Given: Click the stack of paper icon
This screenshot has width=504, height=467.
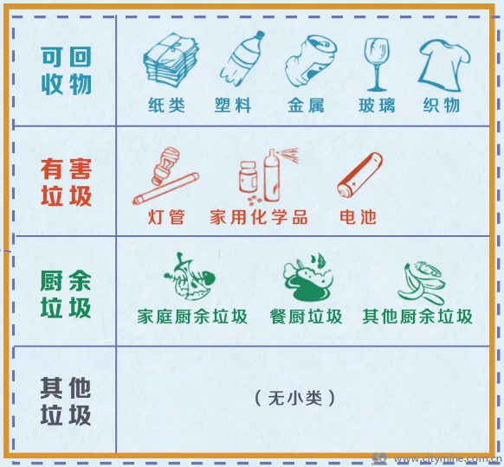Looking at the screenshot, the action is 171,60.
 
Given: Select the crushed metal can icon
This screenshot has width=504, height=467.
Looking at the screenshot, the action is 311,61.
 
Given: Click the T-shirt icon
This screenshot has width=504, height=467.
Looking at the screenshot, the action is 444,65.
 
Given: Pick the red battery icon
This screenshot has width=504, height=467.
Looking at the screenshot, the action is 360,175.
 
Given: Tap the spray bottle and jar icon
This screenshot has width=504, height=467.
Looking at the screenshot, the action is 268,176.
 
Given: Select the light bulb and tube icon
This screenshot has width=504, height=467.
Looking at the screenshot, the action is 166,176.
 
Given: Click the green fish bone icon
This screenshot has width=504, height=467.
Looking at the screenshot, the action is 190,276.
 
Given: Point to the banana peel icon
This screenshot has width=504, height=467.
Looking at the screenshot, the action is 422,283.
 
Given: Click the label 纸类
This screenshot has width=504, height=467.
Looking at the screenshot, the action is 166,106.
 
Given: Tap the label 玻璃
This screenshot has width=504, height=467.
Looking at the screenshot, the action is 377,106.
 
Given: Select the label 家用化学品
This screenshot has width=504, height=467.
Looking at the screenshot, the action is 259,217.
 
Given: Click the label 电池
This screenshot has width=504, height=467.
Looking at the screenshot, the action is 358,217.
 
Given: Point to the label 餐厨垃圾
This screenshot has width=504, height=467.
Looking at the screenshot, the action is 306,317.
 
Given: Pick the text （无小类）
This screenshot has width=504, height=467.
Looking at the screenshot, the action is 295,399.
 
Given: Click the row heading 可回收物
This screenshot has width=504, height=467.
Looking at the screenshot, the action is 66,71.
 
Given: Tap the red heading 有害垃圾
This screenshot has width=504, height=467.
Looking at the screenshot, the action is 66,182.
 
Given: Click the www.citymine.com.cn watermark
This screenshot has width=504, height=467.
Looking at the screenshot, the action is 449,459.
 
